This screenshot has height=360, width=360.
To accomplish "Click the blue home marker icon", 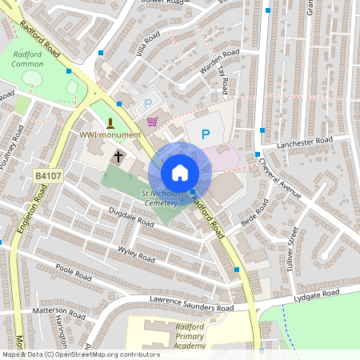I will (x=180, y=173).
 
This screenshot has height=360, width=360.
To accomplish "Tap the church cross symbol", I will (x=118, y=156).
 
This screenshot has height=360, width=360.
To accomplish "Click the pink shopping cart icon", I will (x=152, y=122).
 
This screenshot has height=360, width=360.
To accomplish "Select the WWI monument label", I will (x=110, y=134).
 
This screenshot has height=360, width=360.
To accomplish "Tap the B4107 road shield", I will (x=46, y=175).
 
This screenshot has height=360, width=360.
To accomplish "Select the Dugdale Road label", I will (x=130, y=217).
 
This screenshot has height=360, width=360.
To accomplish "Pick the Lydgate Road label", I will (x=317, y=295).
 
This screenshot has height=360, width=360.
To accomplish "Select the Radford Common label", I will (x=33, y=60).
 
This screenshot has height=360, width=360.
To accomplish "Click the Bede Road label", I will (x=252, y=215).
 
